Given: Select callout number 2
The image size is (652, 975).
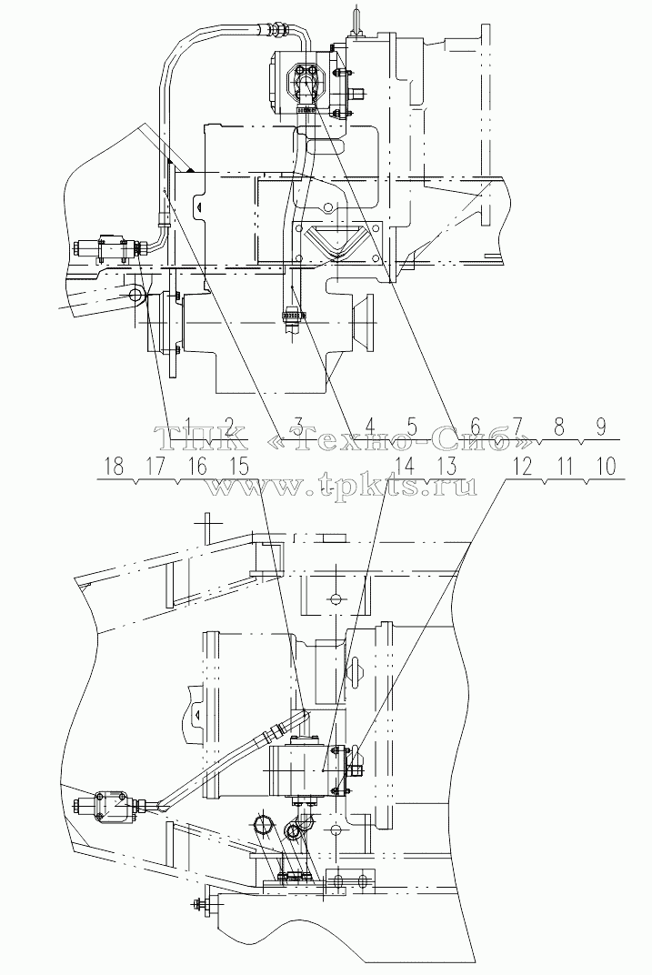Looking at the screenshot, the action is click(x=230, y=427).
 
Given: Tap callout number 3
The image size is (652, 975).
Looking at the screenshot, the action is click(x=298, y=427).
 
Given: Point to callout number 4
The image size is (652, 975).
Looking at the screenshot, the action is click(x=370, y=427).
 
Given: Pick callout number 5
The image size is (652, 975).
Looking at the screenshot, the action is click(x=411, y=427).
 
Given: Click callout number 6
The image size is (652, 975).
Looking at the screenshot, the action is click(x=476, y=427).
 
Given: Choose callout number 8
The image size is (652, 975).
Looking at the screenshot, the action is click(x=558, y=427).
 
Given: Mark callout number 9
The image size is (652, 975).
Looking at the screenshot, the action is click(x=600, y=427).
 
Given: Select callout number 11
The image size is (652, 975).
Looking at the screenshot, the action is click(x=564, y=467).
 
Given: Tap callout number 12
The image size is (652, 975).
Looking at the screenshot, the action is click(x=523, y=467).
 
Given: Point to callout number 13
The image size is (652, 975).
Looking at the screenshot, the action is click(x=446, y=467).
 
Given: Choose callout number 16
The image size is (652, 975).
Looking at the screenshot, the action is click(x=197, y=467).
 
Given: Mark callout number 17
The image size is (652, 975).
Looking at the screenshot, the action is click(x=155, y=467).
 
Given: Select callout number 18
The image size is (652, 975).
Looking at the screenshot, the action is click(x=115, y=467).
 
